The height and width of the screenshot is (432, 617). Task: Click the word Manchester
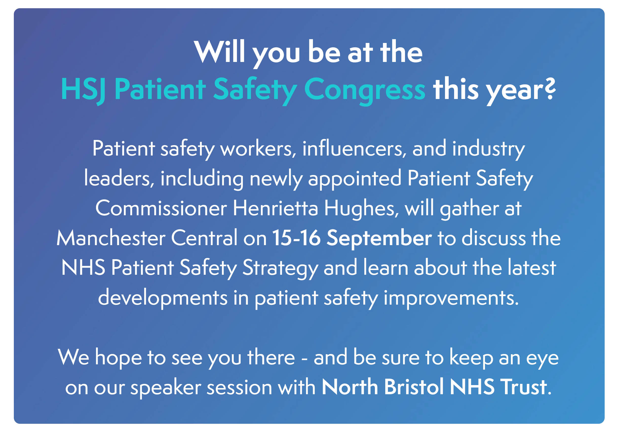click(111, 238)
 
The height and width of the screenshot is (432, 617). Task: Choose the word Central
click(205, 238)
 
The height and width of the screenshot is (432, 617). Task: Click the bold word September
click(379, 239)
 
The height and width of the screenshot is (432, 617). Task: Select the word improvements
click(451, 298)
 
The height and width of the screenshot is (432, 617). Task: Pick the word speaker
click(166, 388)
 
